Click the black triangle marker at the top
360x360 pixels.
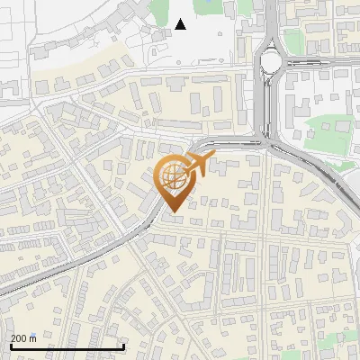[x=181, y=24]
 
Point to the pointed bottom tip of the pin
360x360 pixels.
[x=173, y=212]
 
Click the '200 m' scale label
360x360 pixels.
[x=24, y=338]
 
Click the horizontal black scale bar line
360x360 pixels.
[x=67, y=346]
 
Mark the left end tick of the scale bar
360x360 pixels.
[x=10, y=345]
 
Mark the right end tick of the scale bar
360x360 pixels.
[x=123, y=345]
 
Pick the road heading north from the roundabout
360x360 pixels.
[x=271, y=22]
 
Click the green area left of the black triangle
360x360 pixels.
[x=160, y=11]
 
